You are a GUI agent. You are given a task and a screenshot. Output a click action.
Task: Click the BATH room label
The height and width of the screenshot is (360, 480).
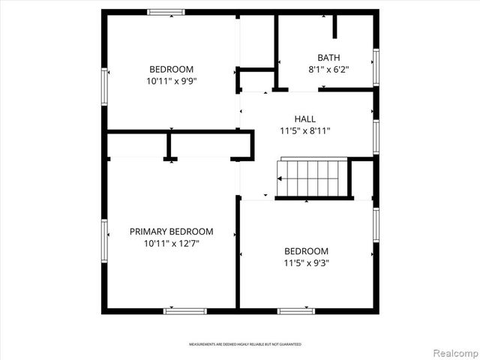(328, 57)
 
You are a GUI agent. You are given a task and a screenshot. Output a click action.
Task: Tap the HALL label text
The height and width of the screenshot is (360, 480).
(304, 118)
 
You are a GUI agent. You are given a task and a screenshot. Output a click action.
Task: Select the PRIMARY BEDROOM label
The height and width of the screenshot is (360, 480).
(171, 232)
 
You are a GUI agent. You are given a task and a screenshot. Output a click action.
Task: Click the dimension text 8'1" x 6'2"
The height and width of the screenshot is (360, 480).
(328, 69)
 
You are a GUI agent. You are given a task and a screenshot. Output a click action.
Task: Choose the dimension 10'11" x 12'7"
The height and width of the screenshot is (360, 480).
(171, 244)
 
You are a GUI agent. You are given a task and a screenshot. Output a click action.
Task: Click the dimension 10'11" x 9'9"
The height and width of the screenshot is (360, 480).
(171, 81)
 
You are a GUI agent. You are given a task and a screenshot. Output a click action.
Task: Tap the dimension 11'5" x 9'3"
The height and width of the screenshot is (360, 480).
(306, 263)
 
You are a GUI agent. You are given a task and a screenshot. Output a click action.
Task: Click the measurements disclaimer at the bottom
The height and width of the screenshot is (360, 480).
(244, 344)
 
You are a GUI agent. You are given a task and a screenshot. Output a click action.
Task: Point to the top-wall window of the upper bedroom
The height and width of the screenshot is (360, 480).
(166, 11)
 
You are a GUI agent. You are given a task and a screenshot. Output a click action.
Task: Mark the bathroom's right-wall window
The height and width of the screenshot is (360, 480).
(376, 64)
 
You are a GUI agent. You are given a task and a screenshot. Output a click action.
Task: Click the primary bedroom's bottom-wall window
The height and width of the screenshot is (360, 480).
(185, 310)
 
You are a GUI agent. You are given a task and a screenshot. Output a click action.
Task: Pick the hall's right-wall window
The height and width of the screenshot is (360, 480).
(376, 136)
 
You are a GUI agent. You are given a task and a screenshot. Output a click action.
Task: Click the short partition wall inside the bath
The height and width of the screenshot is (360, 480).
(335, 25)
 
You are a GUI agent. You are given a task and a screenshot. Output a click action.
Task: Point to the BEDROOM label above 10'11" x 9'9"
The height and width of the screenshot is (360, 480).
(171, 69)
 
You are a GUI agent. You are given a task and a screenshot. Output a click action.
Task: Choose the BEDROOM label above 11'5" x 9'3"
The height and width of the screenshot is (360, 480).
(306, 251)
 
